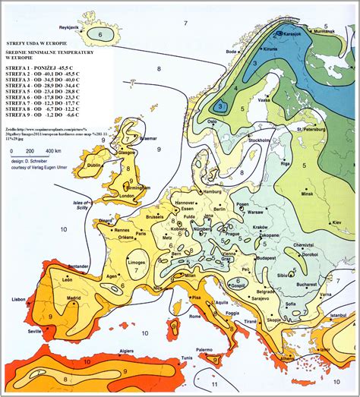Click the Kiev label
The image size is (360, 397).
(x=336, y=222)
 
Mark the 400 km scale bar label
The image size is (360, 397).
(x=55, y=153)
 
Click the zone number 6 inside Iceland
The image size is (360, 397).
(x=100, y=35)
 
